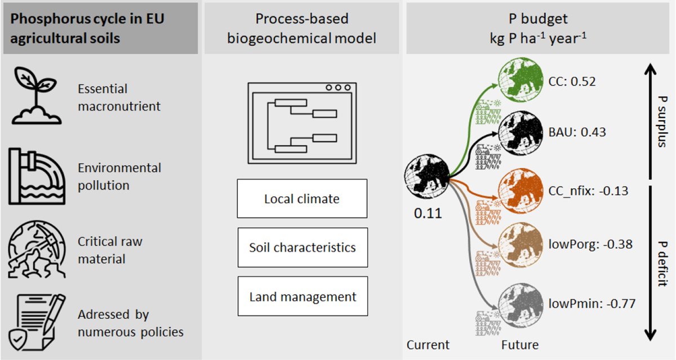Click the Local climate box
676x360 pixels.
(x=302, y=199)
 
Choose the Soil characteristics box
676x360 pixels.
(x=302, y=247)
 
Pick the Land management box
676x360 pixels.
(x=302, y=296)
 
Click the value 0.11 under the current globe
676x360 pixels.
(x=426, y=214)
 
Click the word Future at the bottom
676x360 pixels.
(x=519, y=345)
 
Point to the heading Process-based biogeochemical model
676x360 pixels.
(x=301, y=28)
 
